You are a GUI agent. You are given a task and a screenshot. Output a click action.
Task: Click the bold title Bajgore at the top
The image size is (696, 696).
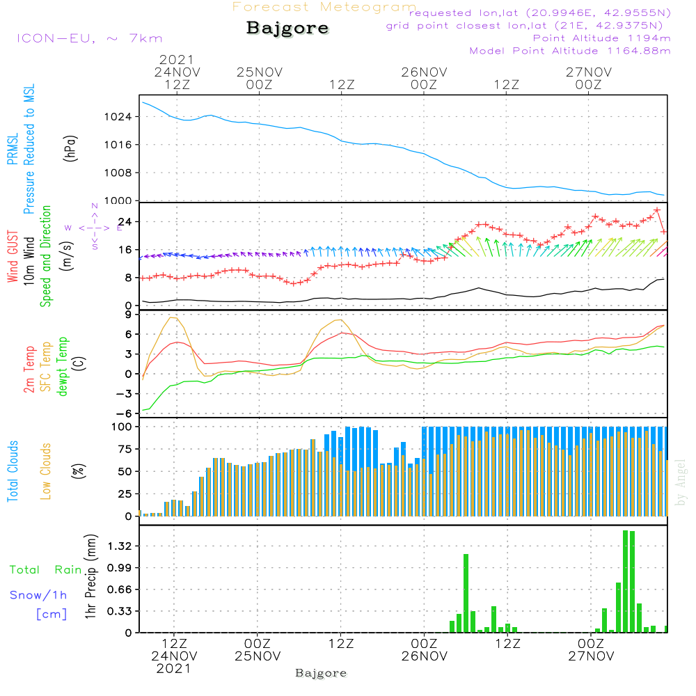pyautogui.click(x=287, y=29)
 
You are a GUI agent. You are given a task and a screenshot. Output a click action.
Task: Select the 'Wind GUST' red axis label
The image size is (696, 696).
pyautogui.click(x=13, y=254)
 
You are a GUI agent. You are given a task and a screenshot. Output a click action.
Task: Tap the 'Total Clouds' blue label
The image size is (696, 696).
pyautogui.click(x=13, y=471)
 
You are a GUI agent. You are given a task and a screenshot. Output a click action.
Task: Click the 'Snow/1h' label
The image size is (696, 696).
pyautogui.click(x=38, y=595)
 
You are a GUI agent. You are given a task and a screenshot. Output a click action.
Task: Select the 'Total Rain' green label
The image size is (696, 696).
pyautogui.click(x=46, y=570)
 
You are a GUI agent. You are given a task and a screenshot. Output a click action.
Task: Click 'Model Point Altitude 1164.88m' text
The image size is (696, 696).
pyautogui.click(x=570, y=51)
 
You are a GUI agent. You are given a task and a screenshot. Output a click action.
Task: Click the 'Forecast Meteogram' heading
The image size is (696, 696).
pyautogui.click(x=324, y=7)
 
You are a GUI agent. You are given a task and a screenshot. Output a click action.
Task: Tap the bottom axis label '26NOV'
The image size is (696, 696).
pyautogui.click(x=424, y=656)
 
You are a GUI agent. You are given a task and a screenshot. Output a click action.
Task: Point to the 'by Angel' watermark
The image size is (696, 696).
pyautogui.click(x=681, y=482)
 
